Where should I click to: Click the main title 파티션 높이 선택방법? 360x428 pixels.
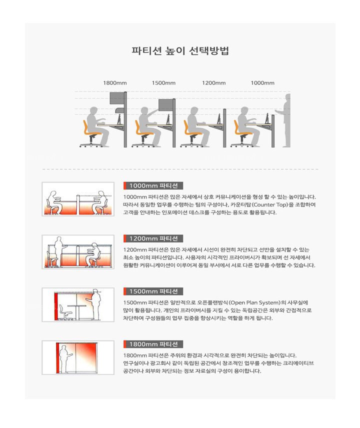[x=180, y=51]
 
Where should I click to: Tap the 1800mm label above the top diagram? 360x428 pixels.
[x=115, y=82]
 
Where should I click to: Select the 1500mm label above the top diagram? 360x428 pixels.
[x=164, y=82]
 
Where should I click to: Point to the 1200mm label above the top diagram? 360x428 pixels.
[x=213, y=82]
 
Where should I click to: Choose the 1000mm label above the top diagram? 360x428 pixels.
[x=262, y=82]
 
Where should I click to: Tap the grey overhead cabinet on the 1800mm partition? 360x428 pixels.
[x=117, y=98]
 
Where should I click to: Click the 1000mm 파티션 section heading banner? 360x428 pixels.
[x=153, y=185]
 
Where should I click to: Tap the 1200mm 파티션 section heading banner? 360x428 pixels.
[x=153, y=238]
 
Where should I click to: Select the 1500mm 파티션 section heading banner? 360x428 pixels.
[x=153, y=291]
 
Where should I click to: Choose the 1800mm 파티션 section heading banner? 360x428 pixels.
[x=153, y=344]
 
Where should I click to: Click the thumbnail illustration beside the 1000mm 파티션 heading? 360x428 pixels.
[x=78, y=199]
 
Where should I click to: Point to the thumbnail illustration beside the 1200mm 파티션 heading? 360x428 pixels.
[x=78, y=252]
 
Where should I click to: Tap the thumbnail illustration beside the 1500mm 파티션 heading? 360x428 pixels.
[x=78, y=304]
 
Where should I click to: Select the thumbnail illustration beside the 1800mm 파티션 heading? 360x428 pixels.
[x=78, y=357]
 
